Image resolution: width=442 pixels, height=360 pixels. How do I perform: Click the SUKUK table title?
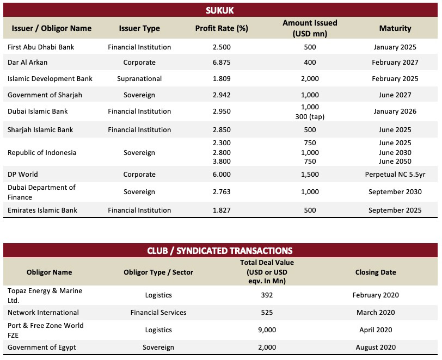219,10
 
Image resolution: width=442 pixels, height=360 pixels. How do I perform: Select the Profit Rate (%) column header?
222,28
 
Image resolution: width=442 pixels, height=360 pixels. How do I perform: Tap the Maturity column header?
395,28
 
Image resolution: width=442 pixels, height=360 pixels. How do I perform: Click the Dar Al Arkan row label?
27,62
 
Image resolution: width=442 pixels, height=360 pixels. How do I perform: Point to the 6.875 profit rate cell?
222,62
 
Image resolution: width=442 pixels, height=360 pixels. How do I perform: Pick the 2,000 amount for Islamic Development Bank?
310,79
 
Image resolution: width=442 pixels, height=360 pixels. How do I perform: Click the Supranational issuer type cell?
139,79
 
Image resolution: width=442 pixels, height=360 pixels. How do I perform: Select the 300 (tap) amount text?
310,116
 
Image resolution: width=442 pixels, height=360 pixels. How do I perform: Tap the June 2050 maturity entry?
395,161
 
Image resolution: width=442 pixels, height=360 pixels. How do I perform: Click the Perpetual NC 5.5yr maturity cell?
395,175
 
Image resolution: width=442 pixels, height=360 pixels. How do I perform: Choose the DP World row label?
22,175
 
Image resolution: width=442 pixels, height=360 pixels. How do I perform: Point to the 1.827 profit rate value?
222,210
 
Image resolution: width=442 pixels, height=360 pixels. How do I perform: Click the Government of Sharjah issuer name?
45,95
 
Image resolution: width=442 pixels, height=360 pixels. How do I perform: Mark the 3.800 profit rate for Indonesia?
222,161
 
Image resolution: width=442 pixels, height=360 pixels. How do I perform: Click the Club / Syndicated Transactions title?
219,251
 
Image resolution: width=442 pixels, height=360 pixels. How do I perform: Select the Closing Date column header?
376,272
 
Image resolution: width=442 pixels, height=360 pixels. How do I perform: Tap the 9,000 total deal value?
267,330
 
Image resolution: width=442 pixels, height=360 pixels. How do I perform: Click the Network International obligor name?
43,312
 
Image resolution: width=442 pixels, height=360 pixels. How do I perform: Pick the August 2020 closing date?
376,347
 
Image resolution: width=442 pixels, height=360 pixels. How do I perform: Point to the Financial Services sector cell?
158,312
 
